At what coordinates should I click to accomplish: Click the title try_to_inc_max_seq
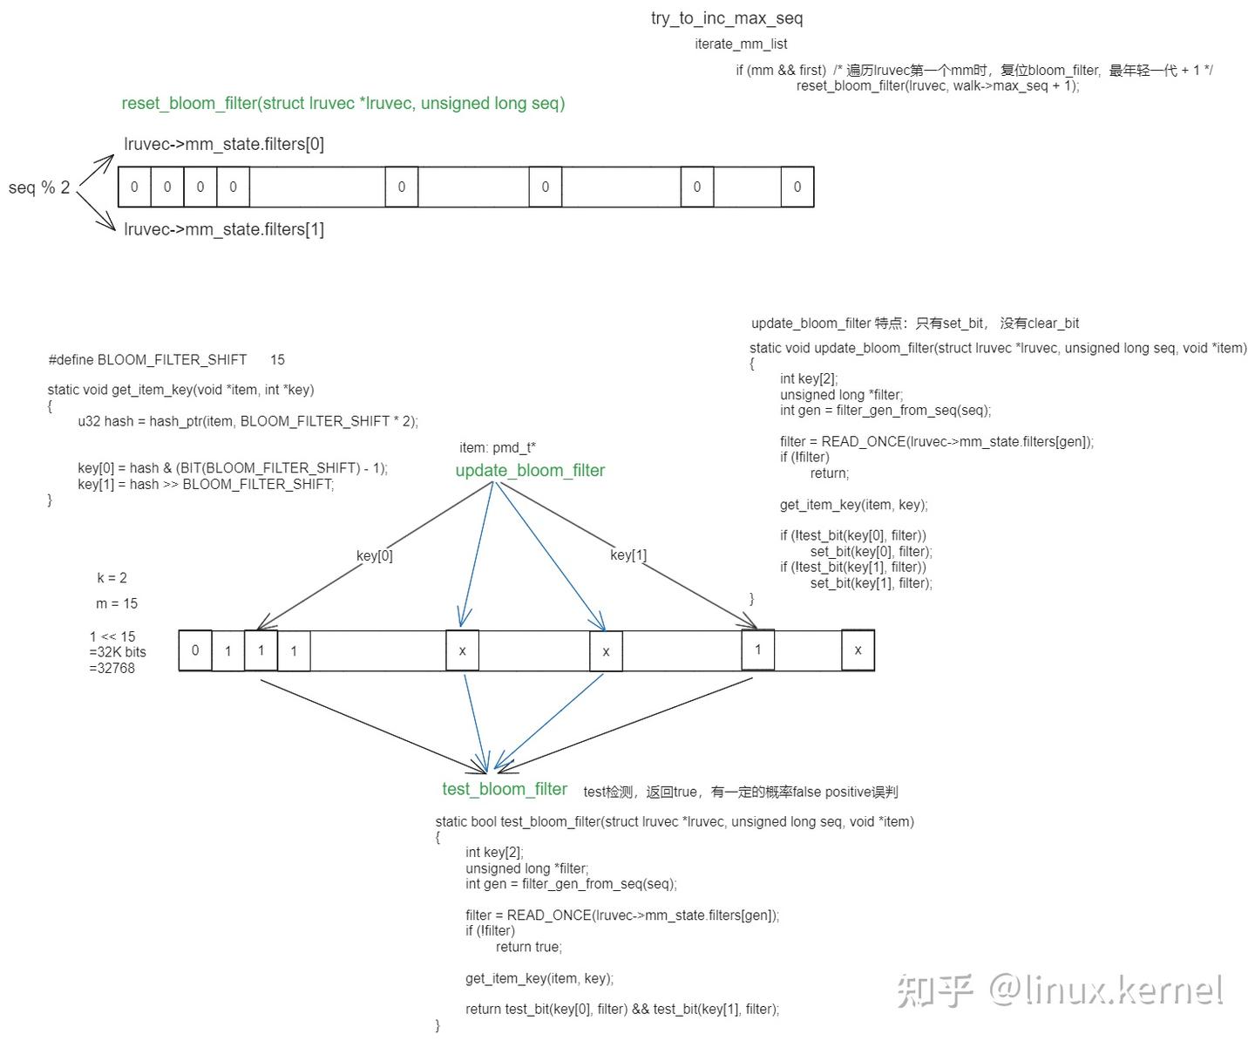[x=727, y=18]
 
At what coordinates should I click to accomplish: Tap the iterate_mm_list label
[x=741, y=44]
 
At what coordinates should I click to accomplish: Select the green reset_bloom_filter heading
[x=343, y=104]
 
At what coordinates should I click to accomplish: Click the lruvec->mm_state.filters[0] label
[x=224, y=145]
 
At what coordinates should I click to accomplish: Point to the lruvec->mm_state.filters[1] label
[x=224, y=229]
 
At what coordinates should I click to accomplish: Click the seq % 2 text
[x=39, y=187]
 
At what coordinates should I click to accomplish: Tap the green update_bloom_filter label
[x=530, y=470]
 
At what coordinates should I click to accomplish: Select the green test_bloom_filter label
[x=505, y=789]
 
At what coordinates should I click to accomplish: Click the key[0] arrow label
[x=375, y=555]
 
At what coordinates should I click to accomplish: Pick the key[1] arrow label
[x=628, y=555]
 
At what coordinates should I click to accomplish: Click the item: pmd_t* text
[x=498, y=448]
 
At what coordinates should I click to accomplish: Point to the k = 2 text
[x=112, y=578]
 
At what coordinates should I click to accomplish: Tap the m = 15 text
[x=117, y=603]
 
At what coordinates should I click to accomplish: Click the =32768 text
[x=112, y=668]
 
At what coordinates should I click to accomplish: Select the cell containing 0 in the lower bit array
[x=195, y=650]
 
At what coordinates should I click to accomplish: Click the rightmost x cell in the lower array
[x=858, y=650]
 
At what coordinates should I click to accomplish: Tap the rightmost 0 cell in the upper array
[x=797, y=187]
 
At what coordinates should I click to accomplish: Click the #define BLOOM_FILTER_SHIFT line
[x=166, y=359]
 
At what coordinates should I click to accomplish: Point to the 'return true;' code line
[x=529, y=947]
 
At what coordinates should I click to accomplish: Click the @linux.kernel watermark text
[x=1106, y=990]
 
